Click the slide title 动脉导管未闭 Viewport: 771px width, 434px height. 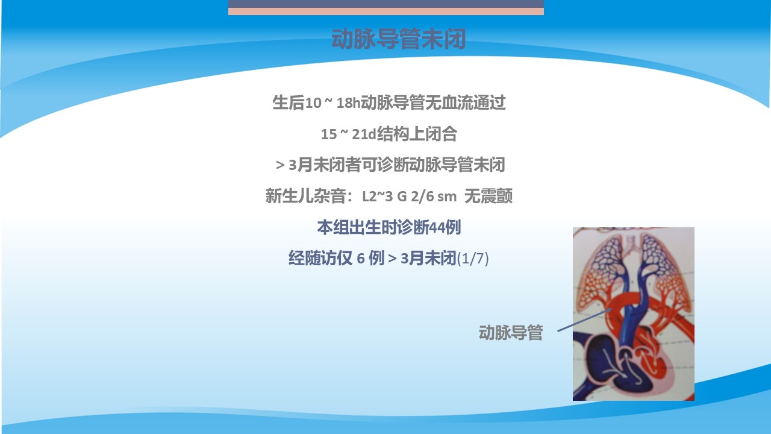click(x=399, y=39)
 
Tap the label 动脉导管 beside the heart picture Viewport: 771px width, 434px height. click(x=511, y=333)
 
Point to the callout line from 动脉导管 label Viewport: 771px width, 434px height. click(x=584, y=320)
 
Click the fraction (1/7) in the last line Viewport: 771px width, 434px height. click(x=473, y=259)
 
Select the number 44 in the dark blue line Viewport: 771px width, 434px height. click(x=437, y=227)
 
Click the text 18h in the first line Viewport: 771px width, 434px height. click(x=348, y=103)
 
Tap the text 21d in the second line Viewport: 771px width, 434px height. click(x=364, y=134)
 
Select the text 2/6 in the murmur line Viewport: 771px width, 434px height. click(x=422, y=197)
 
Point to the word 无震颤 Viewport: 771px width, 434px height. click(x=489, y=197)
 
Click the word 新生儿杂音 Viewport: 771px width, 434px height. click(x=306, y=197)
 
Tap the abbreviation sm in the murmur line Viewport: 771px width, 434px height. click(x=447, y=197)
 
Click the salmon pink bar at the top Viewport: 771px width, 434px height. click(x=386, y=11)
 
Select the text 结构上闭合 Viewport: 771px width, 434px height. click(x=417, y=134)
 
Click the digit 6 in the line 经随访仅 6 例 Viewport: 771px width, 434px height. click(x=361, y=259)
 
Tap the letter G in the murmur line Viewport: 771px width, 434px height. click(x=402, y=197)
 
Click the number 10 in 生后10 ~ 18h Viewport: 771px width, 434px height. click(x=313, y=103)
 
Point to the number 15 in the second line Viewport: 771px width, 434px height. click(x=329, y=134)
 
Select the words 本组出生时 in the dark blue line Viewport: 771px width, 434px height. click(x=357, y=227)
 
